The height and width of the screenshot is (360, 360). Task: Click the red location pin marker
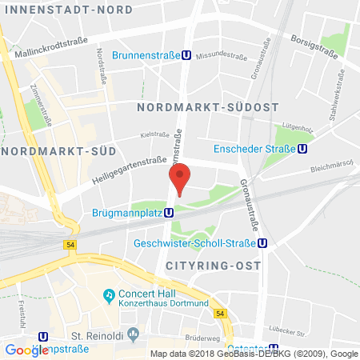180,177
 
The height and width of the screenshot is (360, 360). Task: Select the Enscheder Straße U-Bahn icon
302,148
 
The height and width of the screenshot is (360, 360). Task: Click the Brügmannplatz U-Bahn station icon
170,213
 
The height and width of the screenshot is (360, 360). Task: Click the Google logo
26,350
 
